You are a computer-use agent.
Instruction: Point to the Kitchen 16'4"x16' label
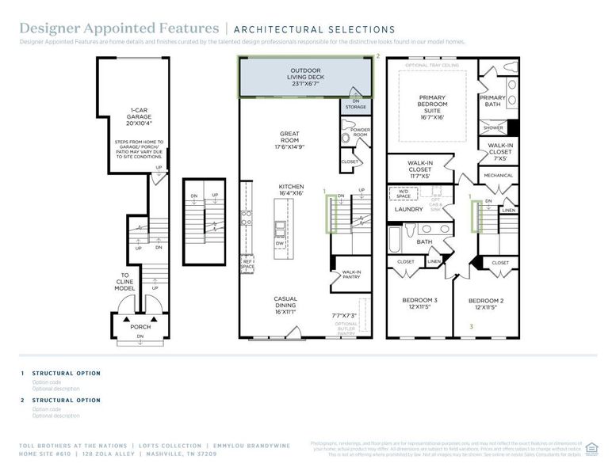(x=291, y=191)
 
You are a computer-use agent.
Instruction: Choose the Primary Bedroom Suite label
(x=432, y=107)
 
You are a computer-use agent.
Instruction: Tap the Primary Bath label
(x=493, y=101)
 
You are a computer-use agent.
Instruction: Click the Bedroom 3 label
(x=419, y=303)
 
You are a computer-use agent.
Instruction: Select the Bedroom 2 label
(x=484, y=303)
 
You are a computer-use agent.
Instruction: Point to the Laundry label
(x=409, y=210)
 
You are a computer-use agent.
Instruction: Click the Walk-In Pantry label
(x=351, y=275)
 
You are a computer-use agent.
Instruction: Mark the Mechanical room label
(x=498, y=175)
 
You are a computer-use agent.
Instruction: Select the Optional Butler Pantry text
(x=346, y=328)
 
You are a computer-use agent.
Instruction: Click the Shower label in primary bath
(x=492, y=127)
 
